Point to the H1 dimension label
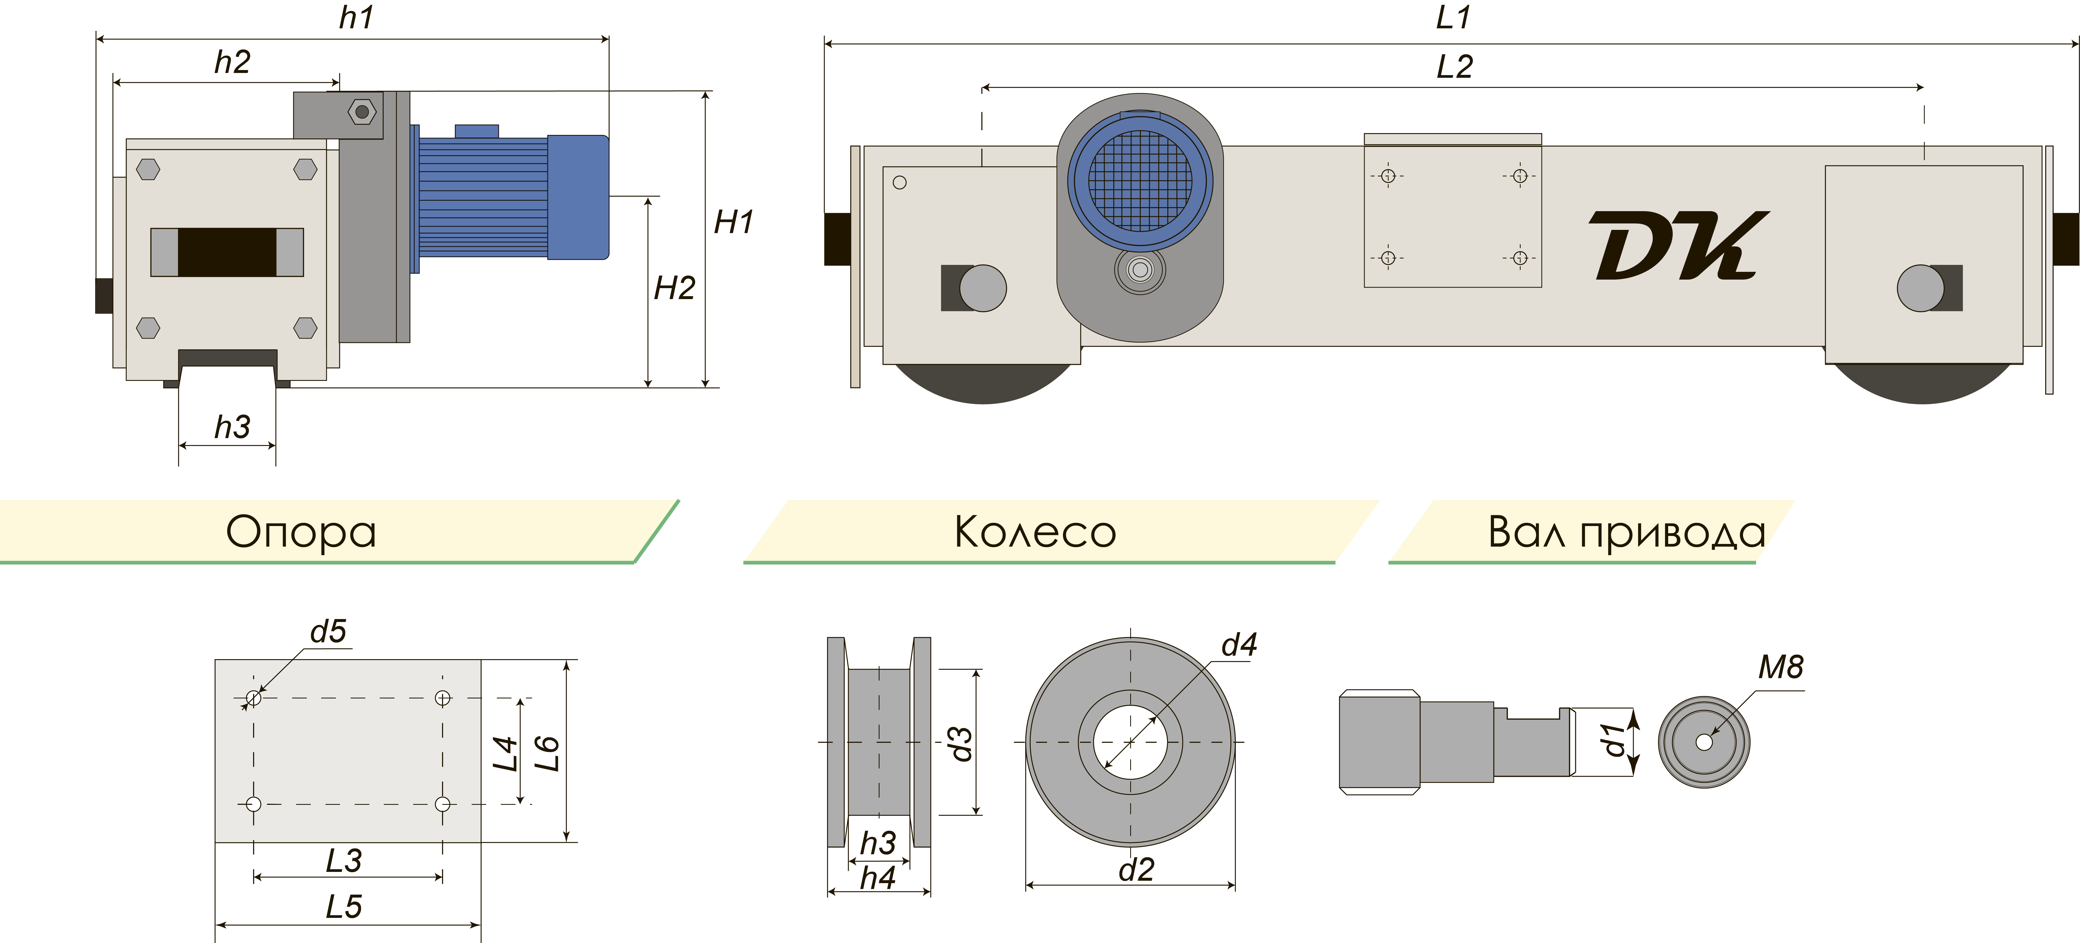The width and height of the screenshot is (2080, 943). (733, 222)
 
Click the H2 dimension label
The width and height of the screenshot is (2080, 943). (674, 288)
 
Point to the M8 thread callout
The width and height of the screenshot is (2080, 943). (1780, 667)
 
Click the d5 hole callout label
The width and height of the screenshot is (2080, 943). (328, 631)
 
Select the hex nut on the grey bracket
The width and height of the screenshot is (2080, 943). (362, 111)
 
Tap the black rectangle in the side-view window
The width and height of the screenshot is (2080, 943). (227, 252)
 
